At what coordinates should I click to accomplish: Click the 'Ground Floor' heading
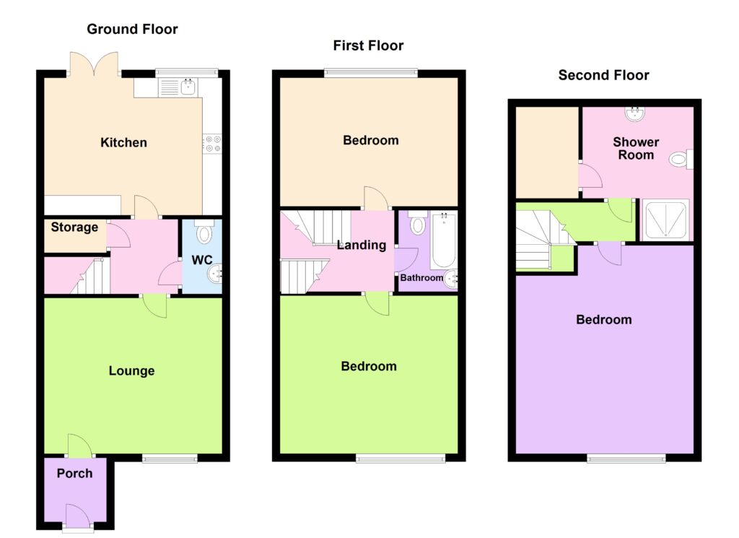click(133, 29)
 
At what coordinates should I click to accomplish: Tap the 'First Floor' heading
click(368, 45)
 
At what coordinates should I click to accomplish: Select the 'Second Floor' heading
click(604, 75)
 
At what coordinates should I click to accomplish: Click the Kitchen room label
click(123, 142)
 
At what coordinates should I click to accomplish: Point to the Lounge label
click(131, 370)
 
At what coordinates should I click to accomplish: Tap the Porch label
click(74, 473)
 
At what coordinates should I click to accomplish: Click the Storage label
click(74, 227)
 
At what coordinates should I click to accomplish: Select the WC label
click(202, 260)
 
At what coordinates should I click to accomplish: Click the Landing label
click(362, 246)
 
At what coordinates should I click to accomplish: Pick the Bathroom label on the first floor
click(421, 278)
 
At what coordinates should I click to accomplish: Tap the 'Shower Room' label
click(636, 149)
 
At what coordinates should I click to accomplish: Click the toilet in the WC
click(204, 232)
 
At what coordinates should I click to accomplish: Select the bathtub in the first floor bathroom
click(442, 241)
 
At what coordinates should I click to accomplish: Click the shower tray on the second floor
click(665, 220)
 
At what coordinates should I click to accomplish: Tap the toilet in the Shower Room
click(681, 159)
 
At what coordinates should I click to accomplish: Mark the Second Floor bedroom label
click(604, 320)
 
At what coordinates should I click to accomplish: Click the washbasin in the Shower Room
click(635, 113)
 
